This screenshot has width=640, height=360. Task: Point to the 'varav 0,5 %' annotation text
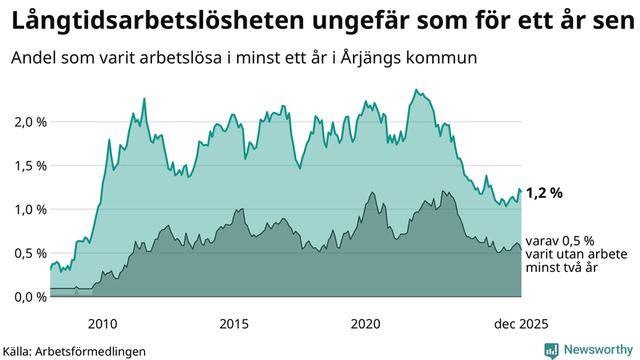pyautogui.click(x=560, y=240)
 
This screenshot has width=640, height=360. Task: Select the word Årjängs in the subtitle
pyautogui.click(x=374, y=58)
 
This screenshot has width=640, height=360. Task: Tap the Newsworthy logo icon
pyautogui.click(x=551, y=350)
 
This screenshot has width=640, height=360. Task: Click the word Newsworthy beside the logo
pyautogui.click(x=598, y=350)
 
